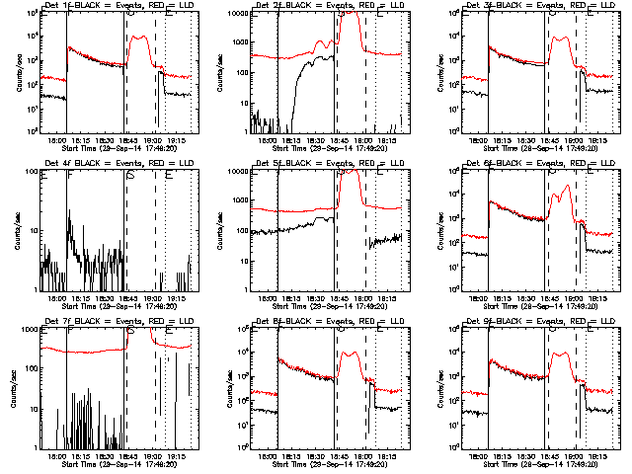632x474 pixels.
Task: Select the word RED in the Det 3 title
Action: tap(561, 7)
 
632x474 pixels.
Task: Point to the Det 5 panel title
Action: tap(327, 165)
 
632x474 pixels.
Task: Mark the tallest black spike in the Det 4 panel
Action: tap(69, 210)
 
